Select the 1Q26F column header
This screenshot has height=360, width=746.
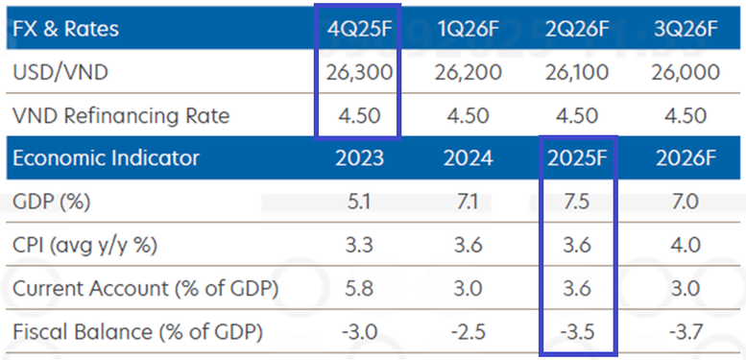(x=468, y=29)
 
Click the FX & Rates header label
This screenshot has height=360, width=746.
(x=66, y=29)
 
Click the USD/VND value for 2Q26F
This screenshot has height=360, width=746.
(x=577, y=73)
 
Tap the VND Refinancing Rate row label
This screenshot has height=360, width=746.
(x=121, y=116)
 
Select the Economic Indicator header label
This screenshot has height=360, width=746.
(x=106, y=158)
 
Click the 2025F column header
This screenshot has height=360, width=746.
(x=577, y=158)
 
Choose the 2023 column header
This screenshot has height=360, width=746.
(x=359, y=158)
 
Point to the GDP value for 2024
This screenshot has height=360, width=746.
(x=468, y=203)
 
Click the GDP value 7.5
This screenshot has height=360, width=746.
(x=577, y=203)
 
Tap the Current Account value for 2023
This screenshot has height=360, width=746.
(x=359, y=289)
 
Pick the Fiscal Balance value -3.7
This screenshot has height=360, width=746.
(x=685, y=333)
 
